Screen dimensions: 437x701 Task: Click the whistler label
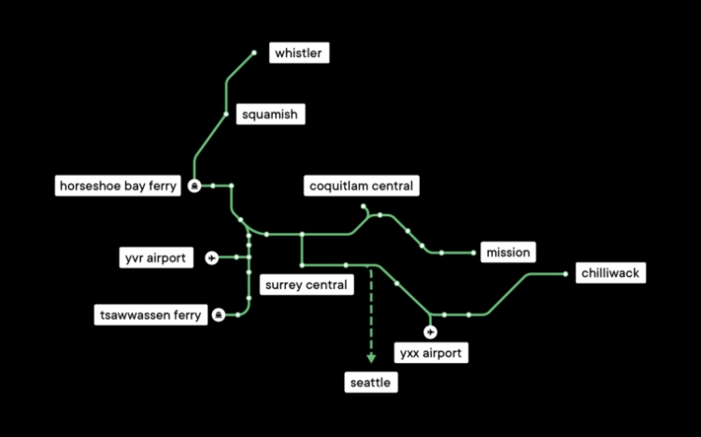pos(298,53)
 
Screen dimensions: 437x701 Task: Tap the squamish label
pos(269,114)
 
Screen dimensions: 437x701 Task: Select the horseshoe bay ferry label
pos(118,186)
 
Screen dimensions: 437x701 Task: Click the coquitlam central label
pos(361,186)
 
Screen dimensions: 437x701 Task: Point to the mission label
pos(508,252)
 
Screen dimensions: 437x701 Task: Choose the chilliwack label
pos(610,273)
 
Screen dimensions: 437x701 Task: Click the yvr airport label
pos(155,256)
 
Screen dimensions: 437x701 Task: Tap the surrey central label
pos(306,284)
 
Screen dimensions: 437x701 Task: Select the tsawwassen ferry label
pos(150,315)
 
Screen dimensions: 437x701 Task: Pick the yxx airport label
pos(430,353)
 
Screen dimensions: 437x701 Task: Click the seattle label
pos(370,383)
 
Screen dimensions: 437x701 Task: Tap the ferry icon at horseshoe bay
pos(194,186)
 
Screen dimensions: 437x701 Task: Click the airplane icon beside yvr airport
pos(211,256)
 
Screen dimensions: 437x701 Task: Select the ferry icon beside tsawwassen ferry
pos(218,315)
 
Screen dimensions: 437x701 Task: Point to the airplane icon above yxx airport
pos(430,331)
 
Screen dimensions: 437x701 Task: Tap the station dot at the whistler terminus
pos(253,53)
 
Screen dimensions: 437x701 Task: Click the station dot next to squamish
pos(226,114)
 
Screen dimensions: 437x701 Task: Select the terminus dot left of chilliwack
pos(565,274)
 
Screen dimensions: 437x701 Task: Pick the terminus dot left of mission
pos(474,253)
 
